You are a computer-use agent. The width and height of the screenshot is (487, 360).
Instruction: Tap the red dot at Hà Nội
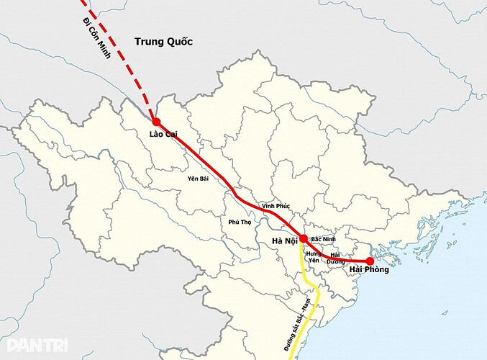point(304,238)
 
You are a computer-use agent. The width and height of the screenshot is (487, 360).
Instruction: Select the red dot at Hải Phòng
point(370,261)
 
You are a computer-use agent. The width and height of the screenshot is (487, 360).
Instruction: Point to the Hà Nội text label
point(285,240)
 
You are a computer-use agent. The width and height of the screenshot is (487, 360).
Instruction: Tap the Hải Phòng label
point(368,271)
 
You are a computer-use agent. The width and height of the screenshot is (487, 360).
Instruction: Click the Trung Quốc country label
point(164,42)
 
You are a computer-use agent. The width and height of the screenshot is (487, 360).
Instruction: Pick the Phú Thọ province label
point(239,222)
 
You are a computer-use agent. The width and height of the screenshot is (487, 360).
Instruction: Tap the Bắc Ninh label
point(323,238)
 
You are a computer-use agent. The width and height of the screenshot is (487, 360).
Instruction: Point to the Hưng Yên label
point(313,258)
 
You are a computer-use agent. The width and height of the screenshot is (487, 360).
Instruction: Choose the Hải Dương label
point(335,258)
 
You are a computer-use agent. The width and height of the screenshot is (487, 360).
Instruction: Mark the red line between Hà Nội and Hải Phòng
point(345,258)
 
